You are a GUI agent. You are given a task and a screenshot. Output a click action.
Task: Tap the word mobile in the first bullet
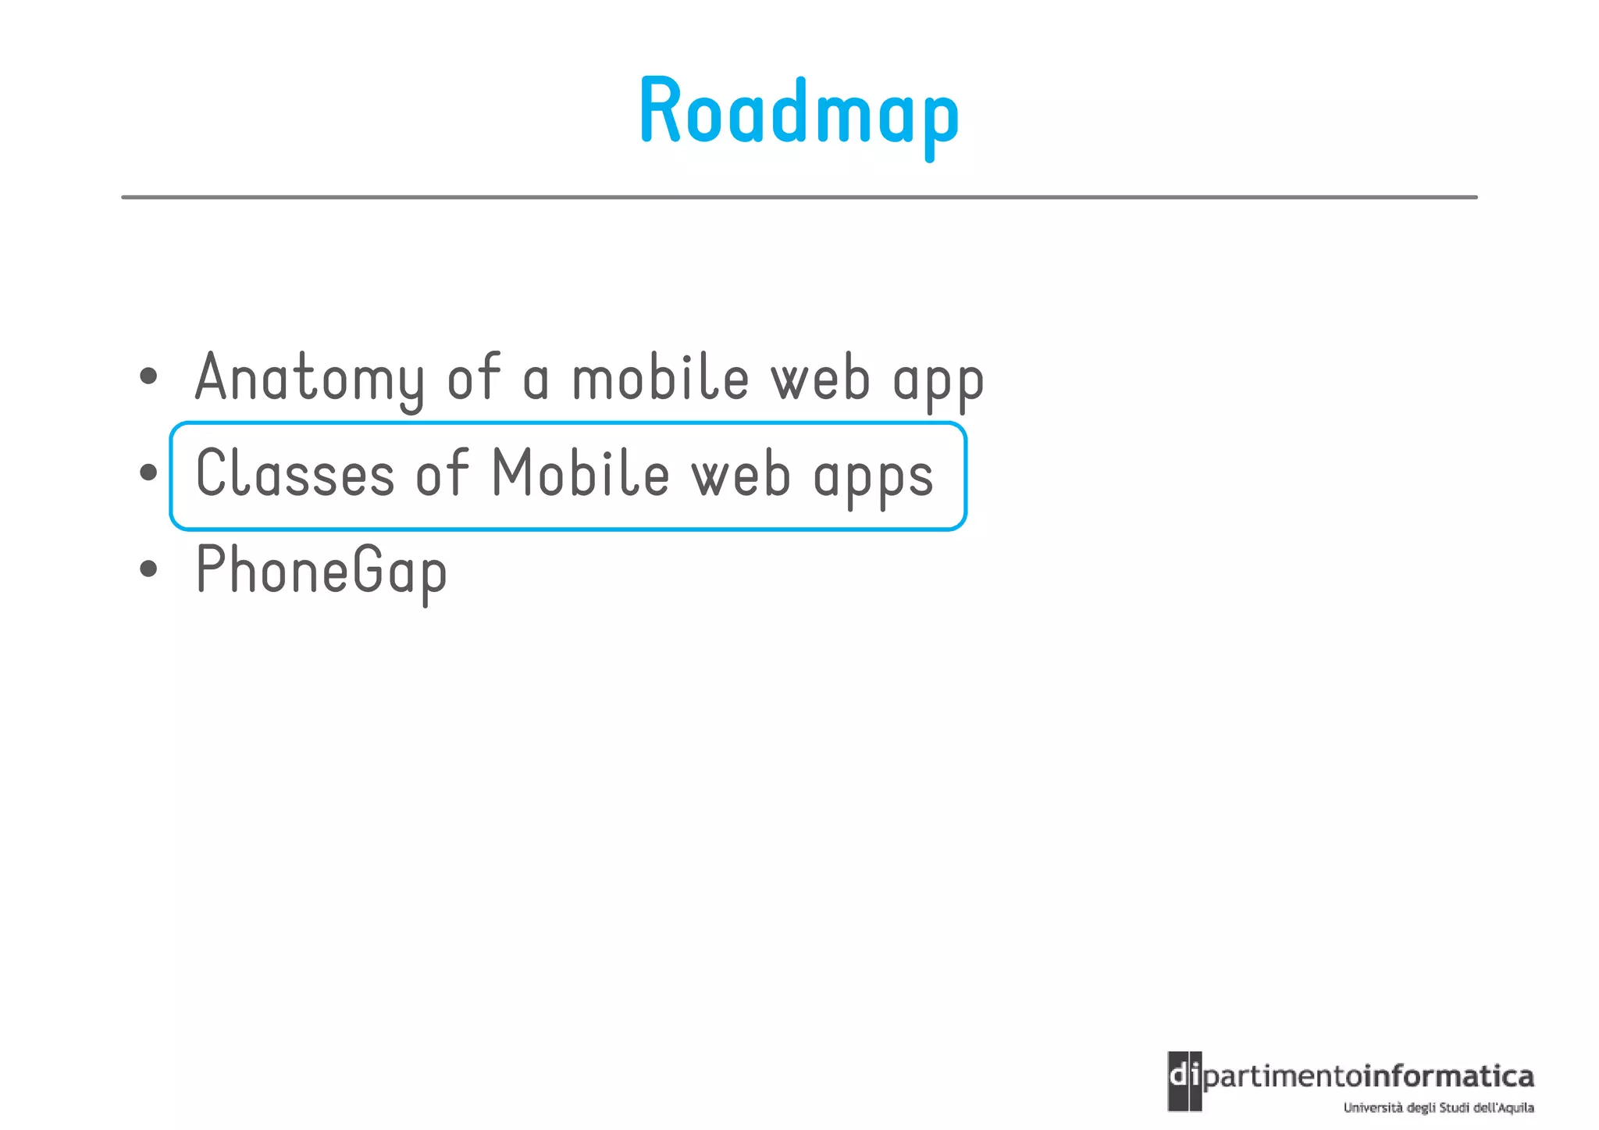661,378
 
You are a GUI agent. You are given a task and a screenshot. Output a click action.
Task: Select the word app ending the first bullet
938,381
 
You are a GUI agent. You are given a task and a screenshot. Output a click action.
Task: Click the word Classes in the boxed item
295,474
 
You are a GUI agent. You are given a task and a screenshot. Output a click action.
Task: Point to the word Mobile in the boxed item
580,473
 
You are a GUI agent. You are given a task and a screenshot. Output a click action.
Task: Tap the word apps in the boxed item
873,477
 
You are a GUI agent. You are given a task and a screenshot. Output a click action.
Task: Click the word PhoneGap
321,571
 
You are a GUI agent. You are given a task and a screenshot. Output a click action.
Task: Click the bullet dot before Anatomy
148,377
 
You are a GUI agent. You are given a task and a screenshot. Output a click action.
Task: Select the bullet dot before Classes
148,472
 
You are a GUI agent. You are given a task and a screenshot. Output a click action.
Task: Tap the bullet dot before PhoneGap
148,569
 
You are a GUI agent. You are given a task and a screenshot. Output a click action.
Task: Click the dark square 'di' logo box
1184,1081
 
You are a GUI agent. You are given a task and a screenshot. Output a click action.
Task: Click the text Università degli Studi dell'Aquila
1438,1107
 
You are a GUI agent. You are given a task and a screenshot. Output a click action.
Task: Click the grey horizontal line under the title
799,198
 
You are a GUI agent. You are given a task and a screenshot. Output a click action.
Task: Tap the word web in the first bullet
820,378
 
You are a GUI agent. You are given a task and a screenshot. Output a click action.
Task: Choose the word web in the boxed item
741,474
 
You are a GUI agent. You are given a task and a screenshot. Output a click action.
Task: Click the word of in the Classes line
442,473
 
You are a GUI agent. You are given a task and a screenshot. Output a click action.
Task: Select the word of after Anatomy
473,378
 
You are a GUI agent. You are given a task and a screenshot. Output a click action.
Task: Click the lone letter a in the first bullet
536,381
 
